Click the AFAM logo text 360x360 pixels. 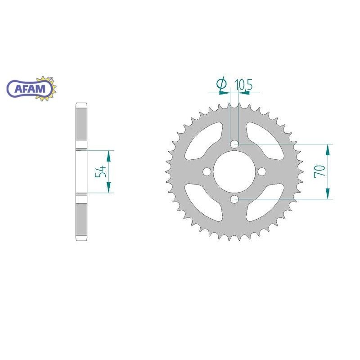(x=30, y=89)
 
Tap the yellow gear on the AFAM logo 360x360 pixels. (x=47, y=89)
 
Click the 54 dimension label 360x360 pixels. (x=101, y=171)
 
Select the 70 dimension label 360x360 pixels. (x=319, y=171)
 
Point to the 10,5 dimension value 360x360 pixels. (x=243, y=85)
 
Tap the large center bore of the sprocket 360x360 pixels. (x=234, y=171)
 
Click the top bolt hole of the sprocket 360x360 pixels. (x=234, y=144)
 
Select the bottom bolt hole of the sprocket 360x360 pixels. (x=234, y=199)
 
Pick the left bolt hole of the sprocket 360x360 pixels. (x=207, y=172)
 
